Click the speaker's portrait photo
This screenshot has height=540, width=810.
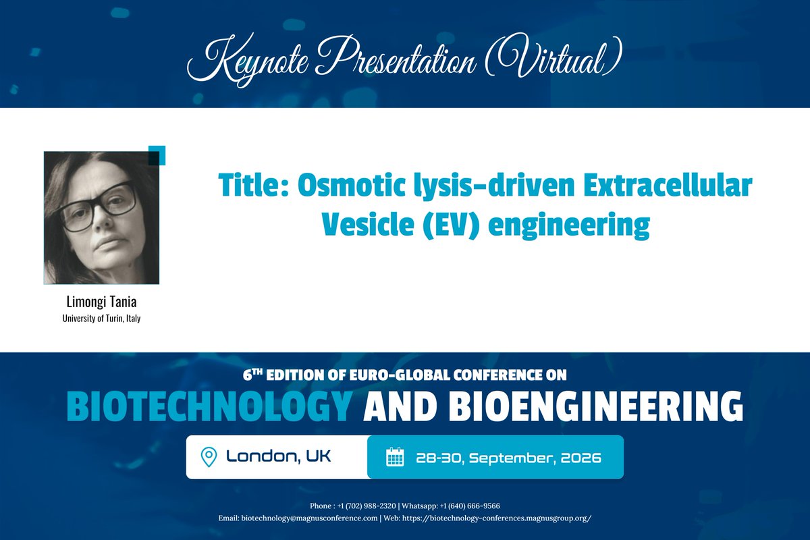click(102, 217)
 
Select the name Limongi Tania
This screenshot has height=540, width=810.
click(101, 302)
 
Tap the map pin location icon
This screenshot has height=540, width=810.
click(209, 457)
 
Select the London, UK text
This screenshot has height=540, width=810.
click(279, 457)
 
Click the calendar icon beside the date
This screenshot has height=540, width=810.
click(394, 457)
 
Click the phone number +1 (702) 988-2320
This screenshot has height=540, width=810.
click(355, 506)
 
